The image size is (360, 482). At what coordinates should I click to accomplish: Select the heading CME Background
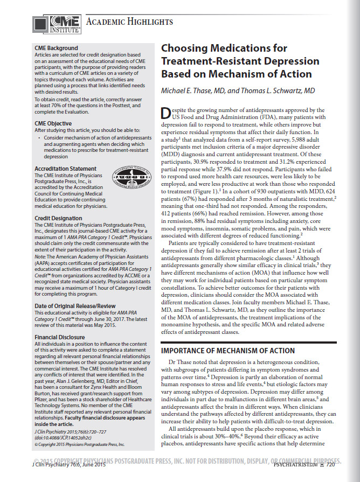click(x=56, y=48)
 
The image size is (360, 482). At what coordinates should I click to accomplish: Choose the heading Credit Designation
click(x=58, y=218)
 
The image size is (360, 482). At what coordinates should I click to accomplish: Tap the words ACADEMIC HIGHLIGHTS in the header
click(x=130, y=22)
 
